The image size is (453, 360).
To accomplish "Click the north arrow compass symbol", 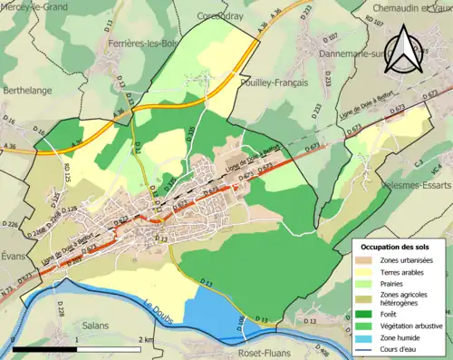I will (x=407, y=47).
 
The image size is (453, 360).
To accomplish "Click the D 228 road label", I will (x=60, y=310).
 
